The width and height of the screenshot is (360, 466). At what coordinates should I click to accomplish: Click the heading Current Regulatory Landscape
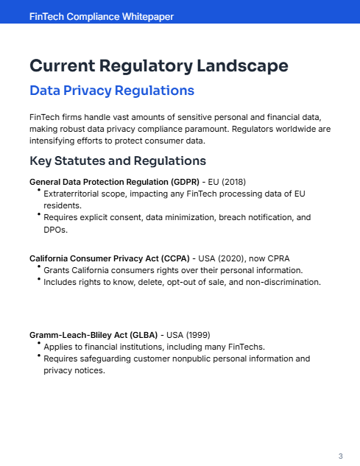(x=158, y=66)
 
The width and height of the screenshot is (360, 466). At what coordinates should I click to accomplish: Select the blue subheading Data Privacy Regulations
(x=111, y=91)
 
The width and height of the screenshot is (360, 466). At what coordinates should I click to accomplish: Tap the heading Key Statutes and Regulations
(x=117, y=160)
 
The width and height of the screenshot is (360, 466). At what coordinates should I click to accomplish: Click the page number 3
(x=340, y=456)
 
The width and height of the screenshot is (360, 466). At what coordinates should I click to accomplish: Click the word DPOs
(x=57, y=230)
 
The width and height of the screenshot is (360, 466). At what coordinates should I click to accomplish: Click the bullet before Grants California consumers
(x=38, y=269)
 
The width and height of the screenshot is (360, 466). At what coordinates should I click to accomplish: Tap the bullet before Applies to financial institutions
(x=38, y=345)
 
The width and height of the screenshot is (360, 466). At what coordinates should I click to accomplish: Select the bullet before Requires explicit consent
(x=38, y=216)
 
